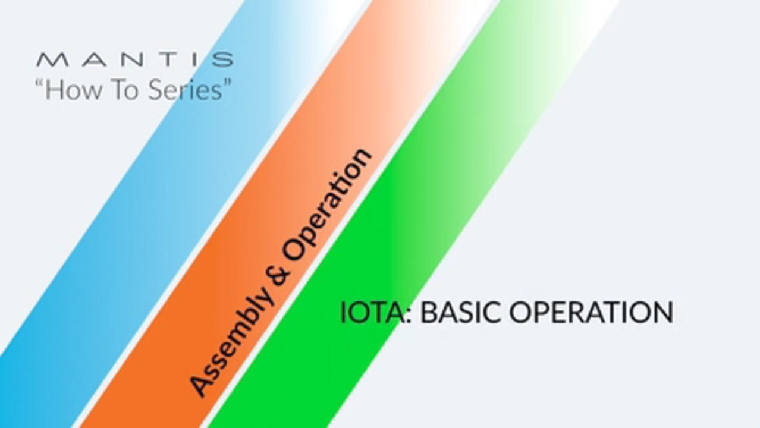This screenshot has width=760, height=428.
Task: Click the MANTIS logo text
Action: pos(134,59)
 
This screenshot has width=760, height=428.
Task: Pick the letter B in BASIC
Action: pos(429,313)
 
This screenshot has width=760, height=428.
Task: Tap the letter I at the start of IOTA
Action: pos(343,313)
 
